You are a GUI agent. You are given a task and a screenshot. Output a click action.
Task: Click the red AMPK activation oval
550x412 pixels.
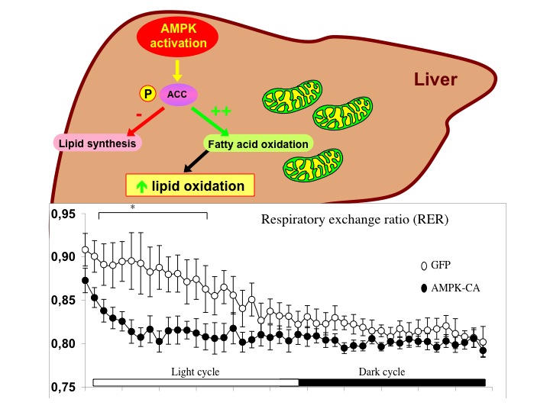(x=176, y=36)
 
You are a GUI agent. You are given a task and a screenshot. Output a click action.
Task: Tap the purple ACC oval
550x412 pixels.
(x=177, y=94)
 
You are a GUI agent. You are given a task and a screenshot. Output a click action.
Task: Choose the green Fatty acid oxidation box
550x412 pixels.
(x=257, y=143)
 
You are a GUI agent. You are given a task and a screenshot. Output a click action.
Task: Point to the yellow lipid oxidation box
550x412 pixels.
(x=189, y=185)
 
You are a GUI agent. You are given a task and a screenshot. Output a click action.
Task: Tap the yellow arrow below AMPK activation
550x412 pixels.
(x=177, y=71)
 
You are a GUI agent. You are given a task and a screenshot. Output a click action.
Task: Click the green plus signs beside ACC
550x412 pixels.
(x=221, y=111)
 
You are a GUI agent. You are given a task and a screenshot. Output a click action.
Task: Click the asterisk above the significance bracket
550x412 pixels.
(x=133, y=208)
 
